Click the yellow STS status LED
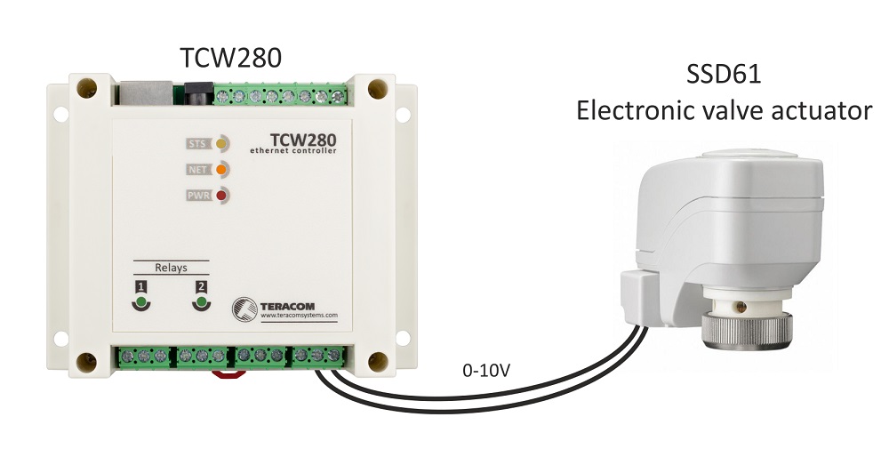point(220,142)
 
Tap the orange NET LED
point(220,169)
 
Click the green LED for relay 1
point(140,302)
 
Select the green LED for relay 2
point(202,302)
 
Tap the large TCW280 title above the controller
point(231,58)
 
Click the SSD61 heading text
point(724,75)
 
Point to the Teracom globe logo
point(244,309)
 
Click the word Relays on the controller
point(171,266)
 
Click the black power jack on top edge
point(196,92)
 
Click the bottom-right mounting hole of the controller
point(378,362)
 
